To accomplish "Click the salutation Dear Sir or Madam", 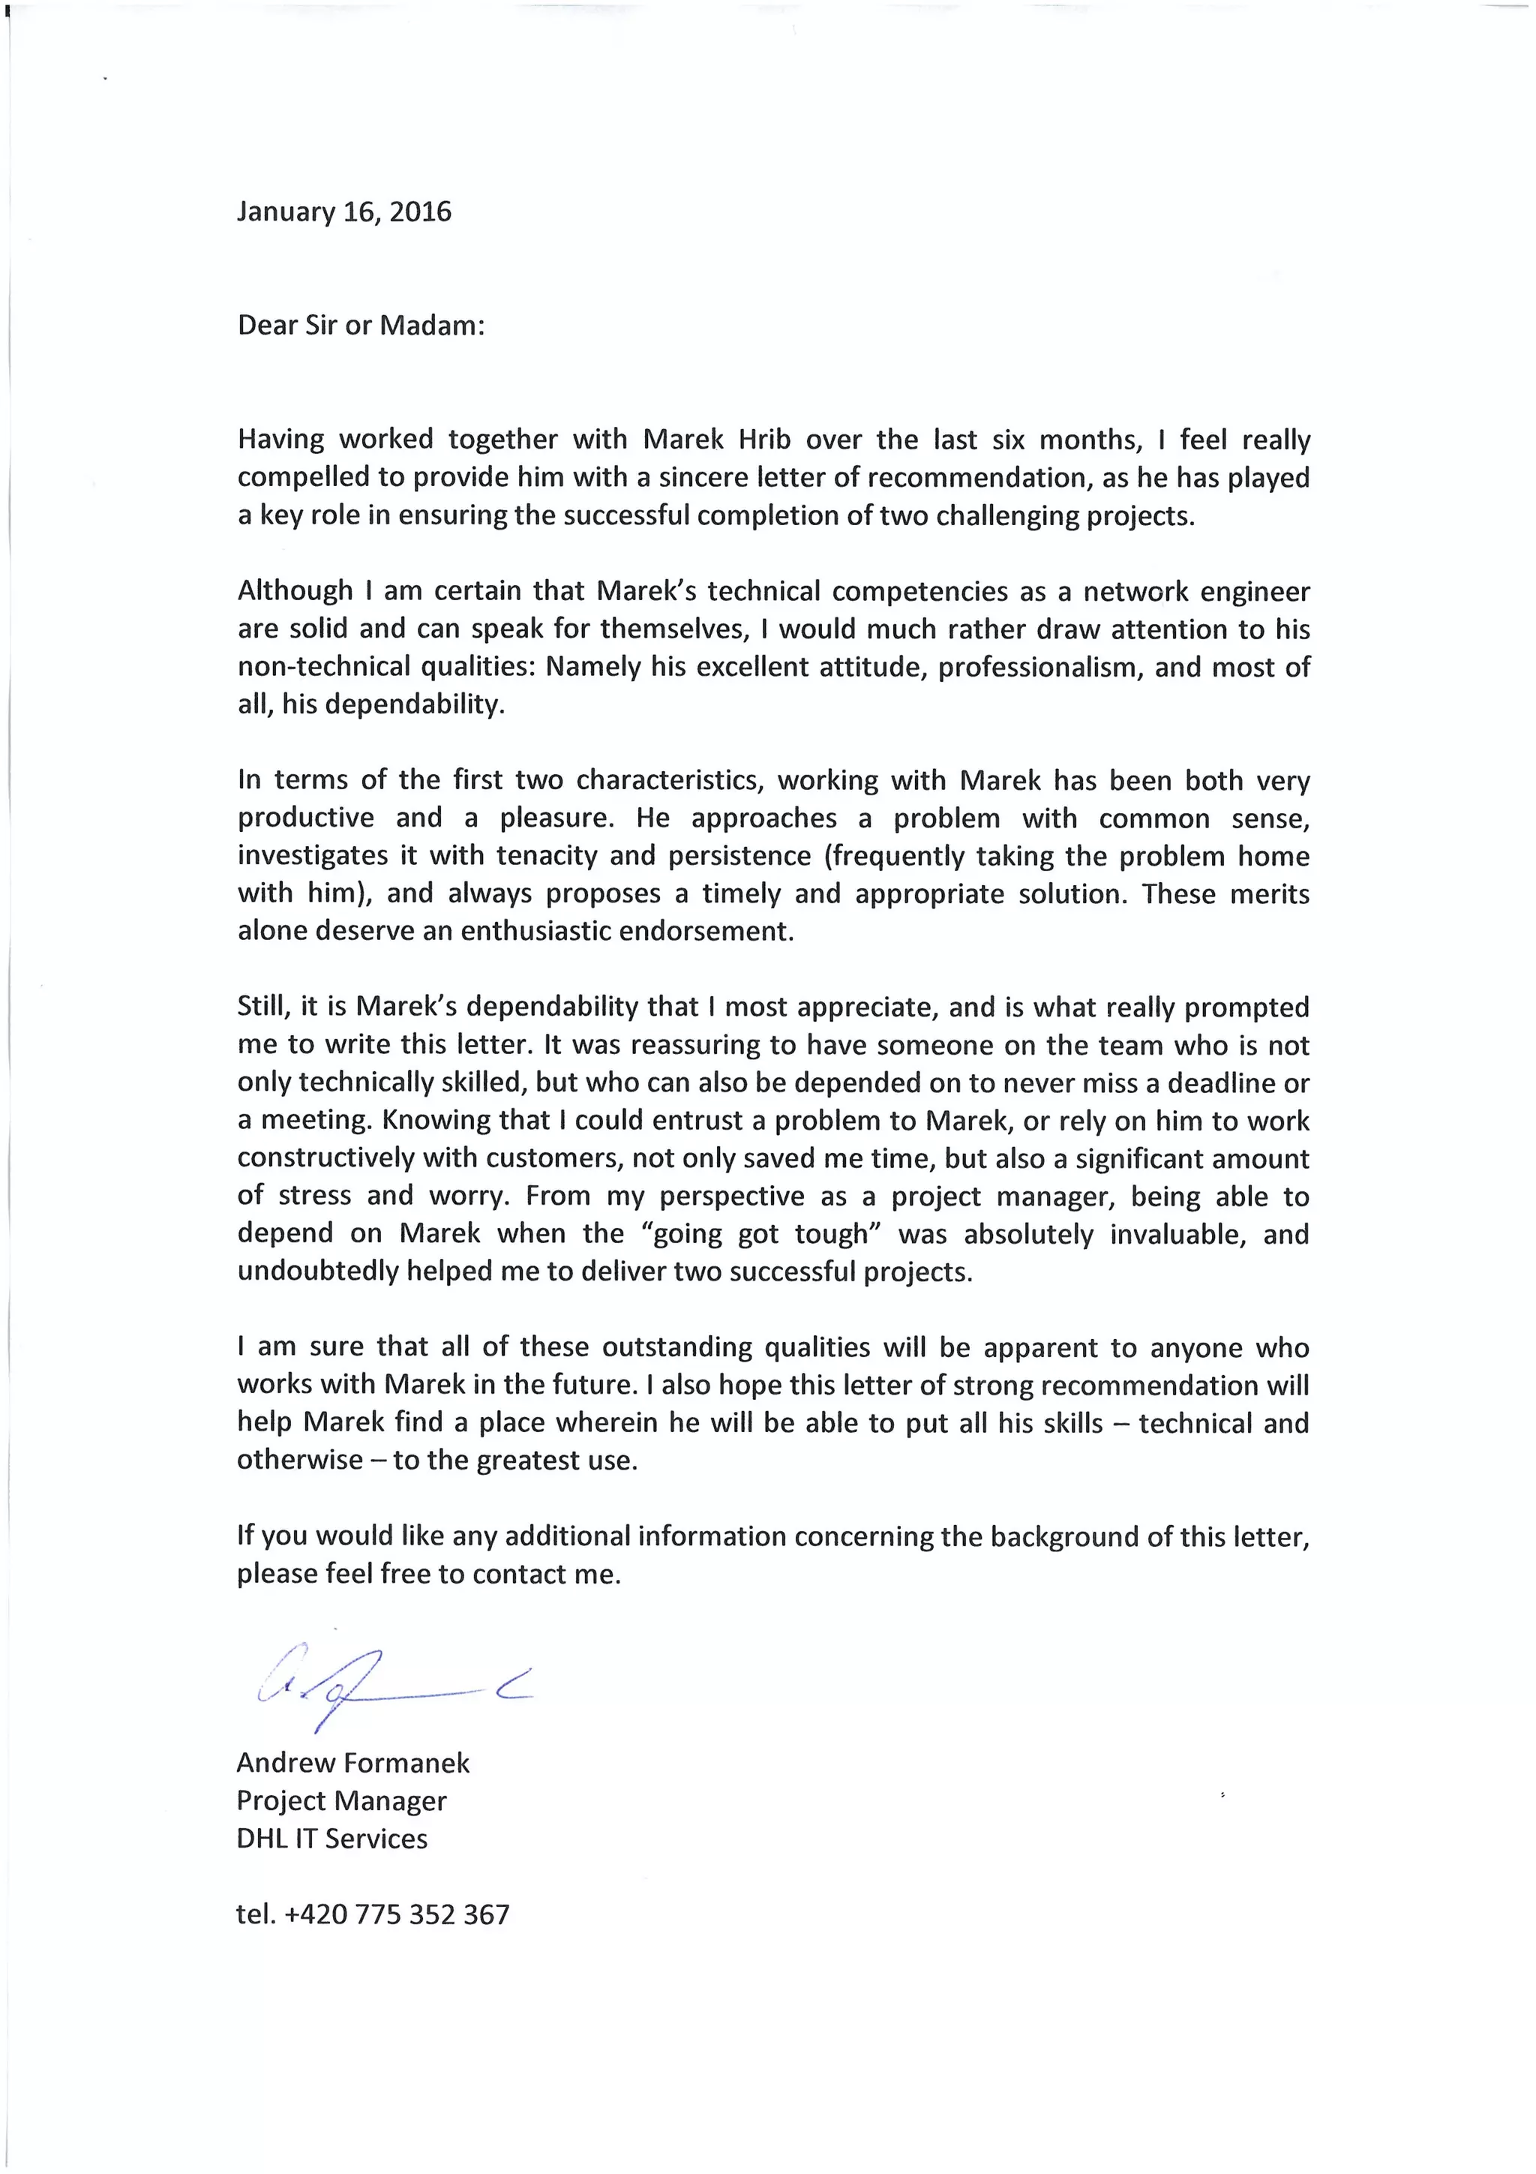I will click(361, 326).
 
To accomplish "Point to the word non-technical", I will click(325, 668).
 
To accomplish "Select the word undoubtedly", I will click(318, 1272).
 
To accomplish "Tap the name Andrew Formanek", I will click(353, 1763).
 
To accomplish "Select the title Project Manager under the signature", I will click(342, 1801).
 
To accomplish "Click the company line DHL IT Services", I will click(332, 1839).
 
